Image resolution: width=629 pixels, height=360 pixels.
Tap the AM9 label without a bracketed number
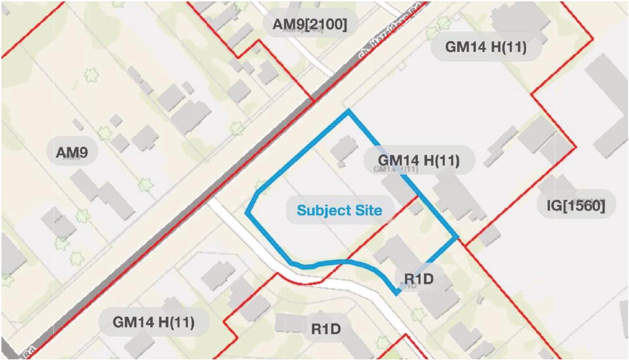pos(72,153)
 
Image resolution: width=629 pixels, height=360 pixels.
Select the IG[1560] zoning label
pos(575,205)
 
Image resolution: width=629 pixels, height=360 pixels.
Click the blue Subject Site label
pos(340,211)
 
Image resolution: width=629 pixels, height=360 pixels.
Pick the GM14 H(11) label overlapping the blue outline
pos(418,160)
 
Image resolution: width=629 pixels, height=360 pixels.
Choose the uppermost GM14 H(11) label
pos(486,47)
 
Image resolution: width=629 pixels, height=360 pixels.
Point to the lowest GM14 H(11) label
pos(153,323)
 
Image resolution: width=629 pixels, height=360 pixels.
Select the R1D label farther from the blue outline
pos(326,329)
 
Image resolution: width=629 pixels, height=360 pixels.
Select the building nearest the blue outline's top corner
pos(344,148)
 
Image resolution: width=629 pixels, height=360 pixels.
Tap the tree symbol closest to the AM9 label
pos(105,132)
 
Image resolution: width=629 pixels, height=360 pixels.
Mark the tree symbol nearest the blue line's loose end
pos(418,314)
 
